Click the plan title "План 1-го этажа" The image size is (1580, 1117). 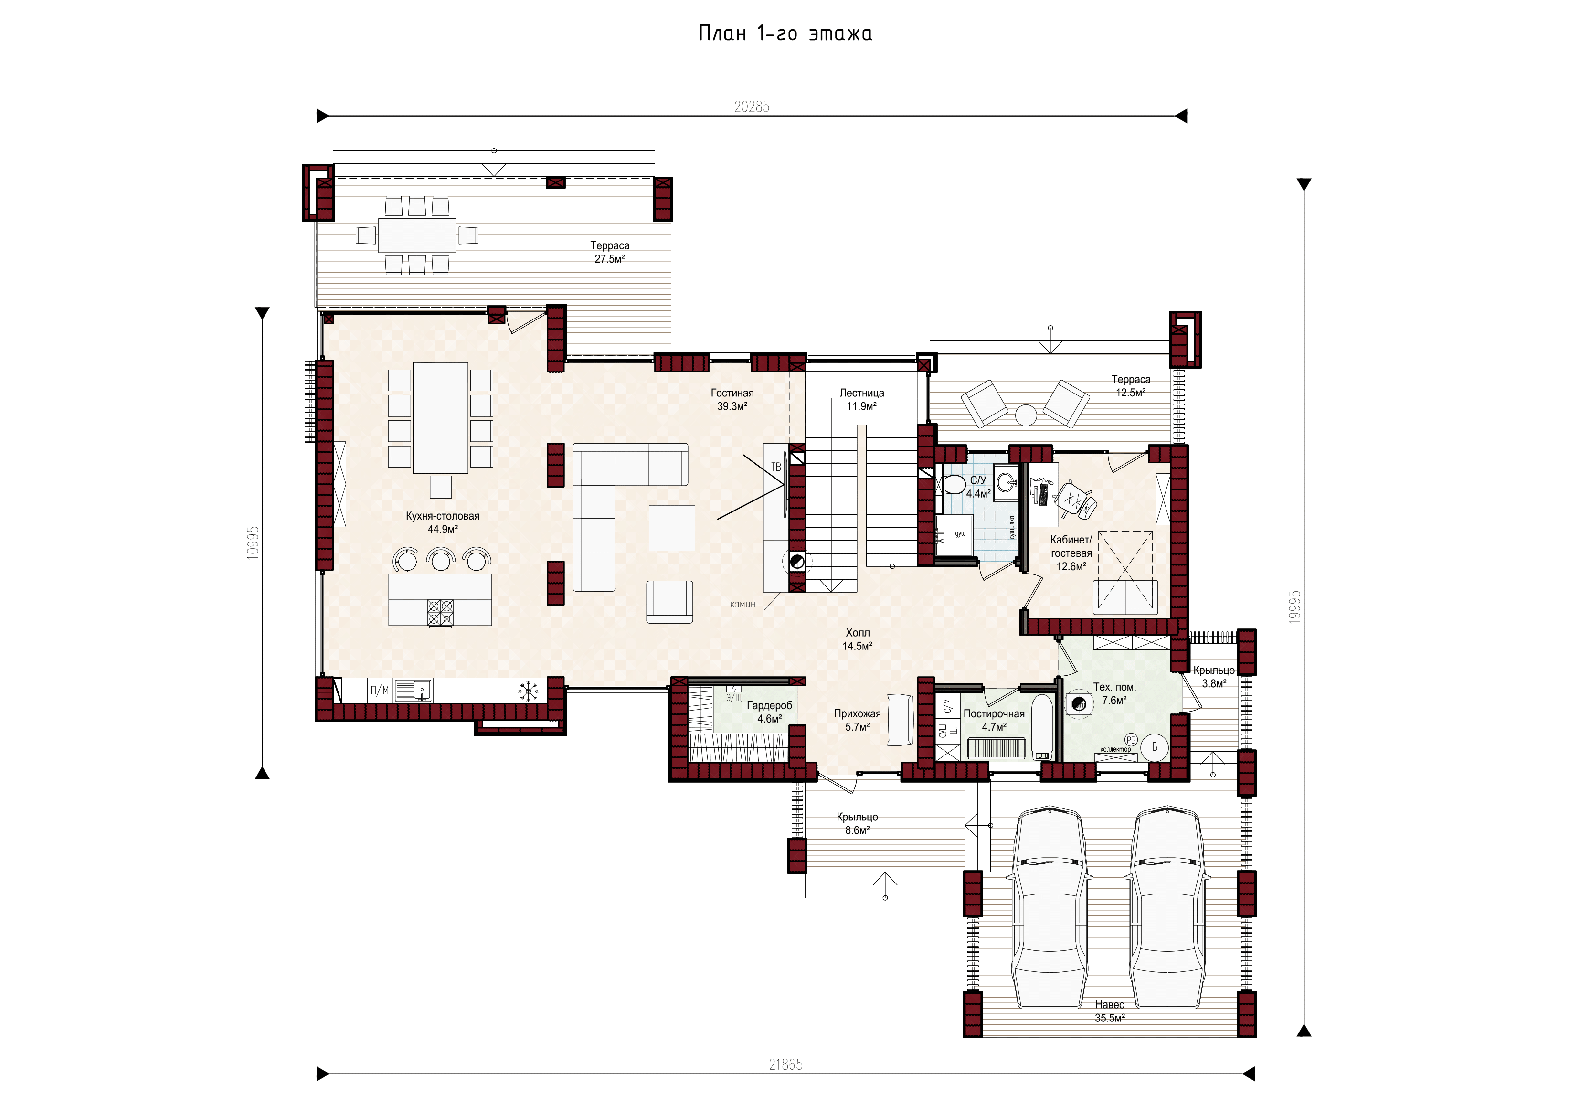pyautogui.click(x=785, y=33)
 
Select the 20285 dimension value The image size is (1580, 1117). pyautogui.click(x=752, y=106)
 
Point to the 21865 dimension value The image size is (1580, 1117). pyautogui.click(x=785, y=1064)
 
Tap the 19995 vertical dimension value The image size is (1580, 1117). pyautogui.click(x=1294, y=607)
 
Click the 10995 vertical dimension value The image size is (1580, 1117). pyautogui.click(x=253, y=543)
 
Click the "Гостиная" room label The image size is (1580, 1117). pyautogui.click(x=732, y=393)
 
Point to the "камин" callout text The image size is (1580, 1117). pyautogui.click(x=742, y=604)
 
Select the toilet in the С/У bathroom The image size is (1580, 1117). pyautogui.click(x=953, y=484)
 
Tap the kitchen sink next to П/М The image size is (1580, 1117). pyautogui.click(x=413, y=690)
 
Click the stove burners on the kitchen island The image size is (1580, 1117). pyautogui.click(x=440, y=613)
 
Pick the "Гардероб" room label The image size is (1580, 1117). pyautogui.click(x=769, y=705)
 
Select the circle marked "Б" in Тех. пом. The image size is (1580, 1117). pyautogui.click(x=1155, y=747)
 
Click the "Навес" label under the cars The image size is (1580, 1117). pyautogui.click(x=1109, y=1005)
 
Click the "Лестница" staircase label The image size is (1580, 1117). pyautogui.click(x=861, y=393)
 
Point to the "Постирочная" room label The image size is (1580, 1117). pyautogui.click(x=994, y=713)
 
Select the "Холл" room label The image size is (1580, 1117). pyautogui.click(x=858, y=632)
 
